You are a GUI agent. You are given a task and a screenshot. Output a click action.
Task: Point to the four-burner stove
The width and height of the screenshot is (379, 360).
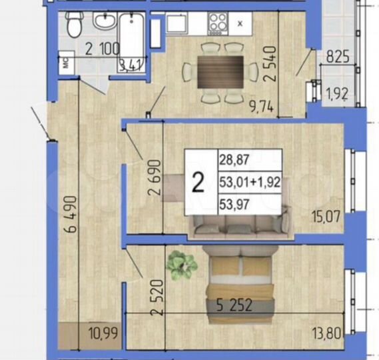point(217,23)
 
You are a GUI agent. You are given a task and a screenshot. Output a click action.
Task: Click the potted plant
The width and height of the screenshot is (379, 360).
point(181,264)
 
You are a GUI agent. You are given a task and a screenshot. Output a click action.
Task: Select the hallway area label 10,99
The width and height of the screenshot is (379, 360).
point(103,333)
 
